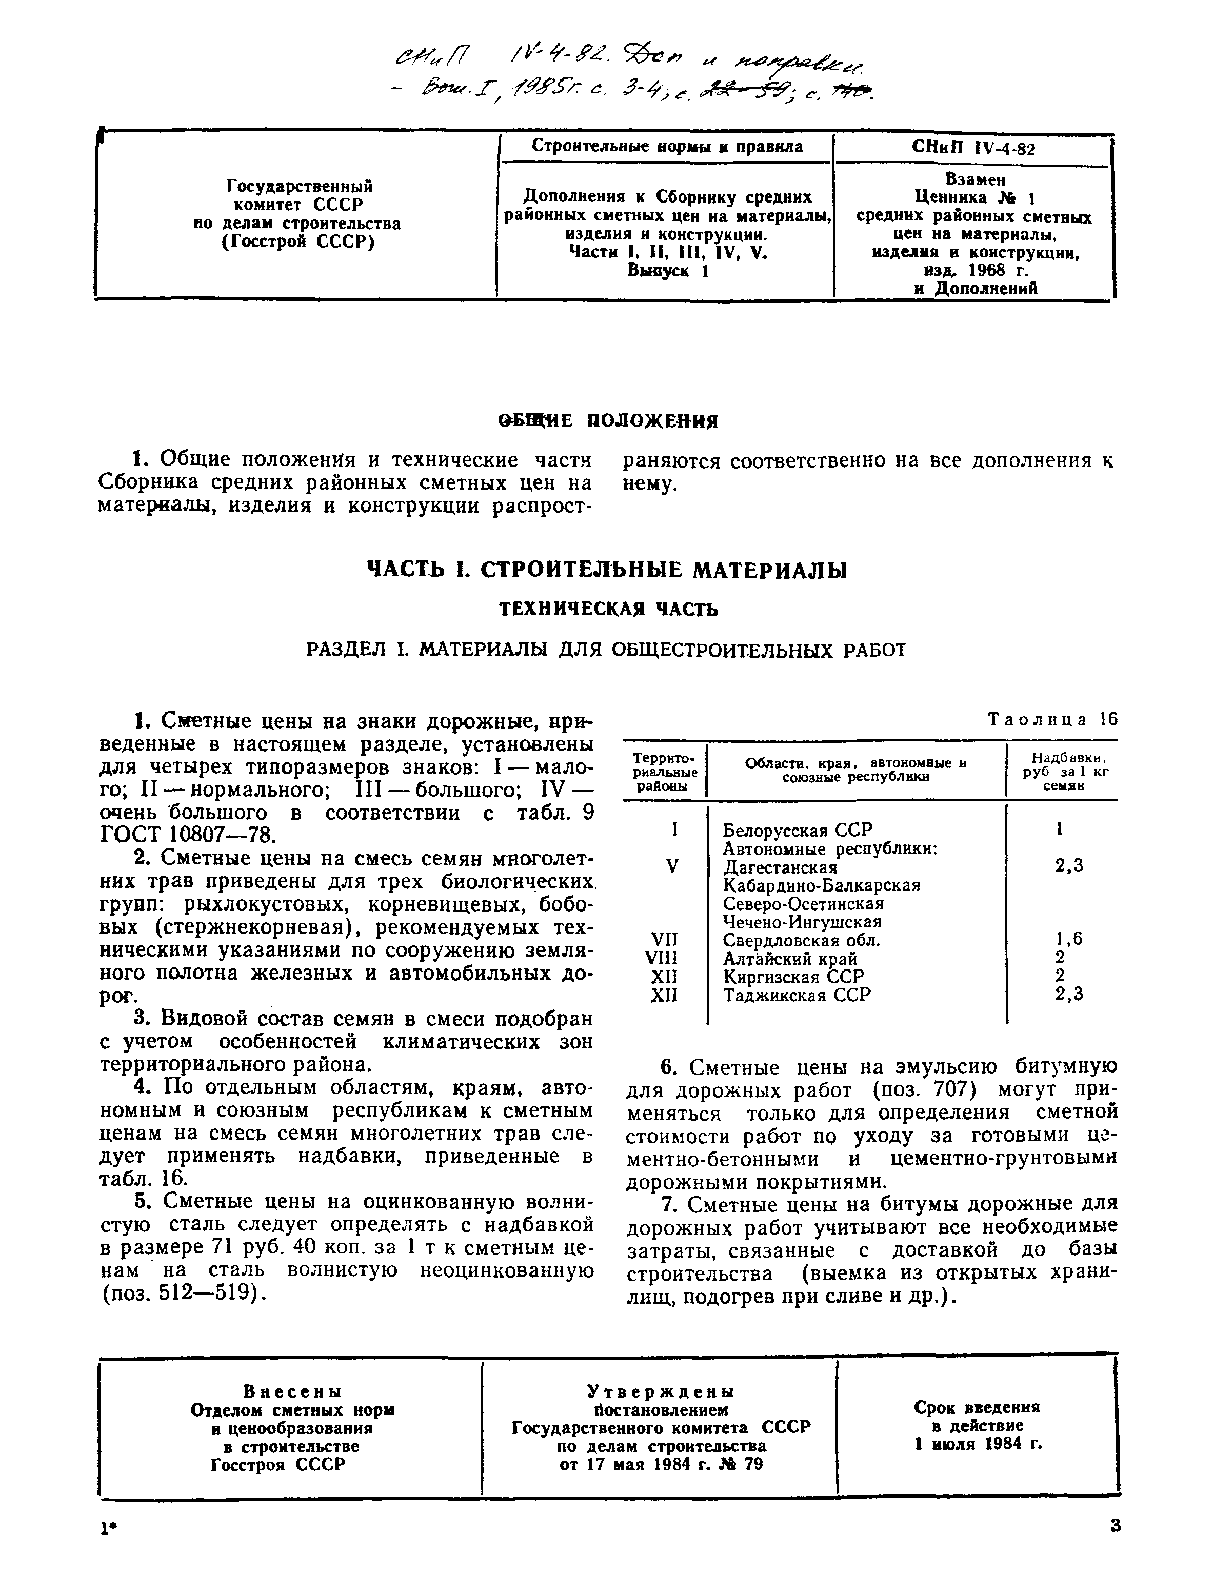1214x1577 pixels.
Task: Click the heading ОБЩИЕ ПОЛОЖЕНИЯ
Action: pyautogui.click(x=607, y=421)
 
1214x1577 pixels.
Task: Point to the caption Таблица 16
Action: pyautogui.click(x=1051, y=719)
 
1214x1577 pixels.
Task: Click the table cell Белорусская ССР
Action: pyautogui.click(x=798, y=830)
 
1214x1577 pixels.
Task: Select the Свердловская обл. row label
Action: pyautogui.click(x=802, y=940)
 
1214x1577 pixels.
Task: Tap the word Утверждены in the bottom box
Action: pyautogui.click(x=660, y=1391)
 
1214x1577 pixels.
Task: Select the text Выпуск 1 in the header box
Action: pyautogui.click(x=667, y=271)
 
